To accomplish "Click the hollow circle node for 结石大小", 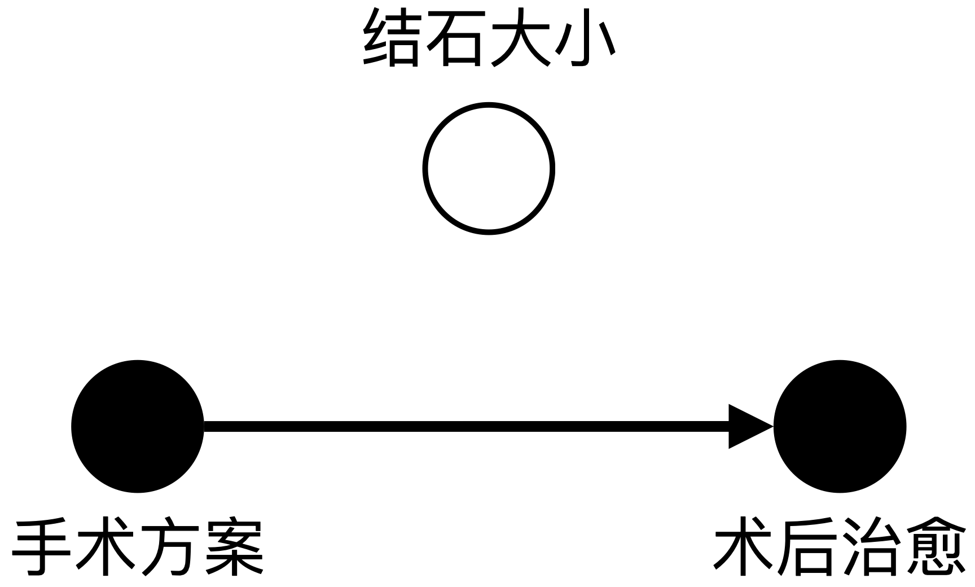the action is (489, 168).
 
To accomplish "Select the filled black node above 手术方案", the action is (138, 426).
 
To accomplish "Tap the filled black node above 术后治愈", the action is (840, 426).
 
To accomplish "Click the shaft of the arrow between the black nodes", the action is (463, 426).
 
